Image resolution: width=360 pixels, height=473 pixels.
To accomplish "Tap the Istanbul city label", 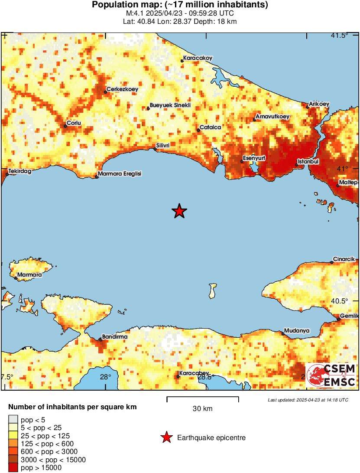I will click(308, 162).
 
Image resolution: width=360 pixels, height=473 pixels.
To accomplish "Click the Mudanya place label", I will click(297, 331).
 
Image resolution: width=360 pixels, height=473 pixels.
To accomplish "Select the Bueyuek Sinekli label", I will click(170, 105).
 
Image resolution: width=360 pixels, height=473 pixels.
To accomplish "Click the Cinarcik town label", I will click(344, 259).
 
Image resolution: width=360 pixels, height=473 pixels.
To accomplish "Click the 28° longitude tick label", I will click(106, 377).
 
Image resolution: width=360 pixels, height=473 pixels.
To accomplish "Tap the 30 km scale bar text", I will click(202, 408).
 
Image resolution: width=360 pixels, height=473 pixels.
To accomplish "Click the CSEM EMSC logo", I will click(331, 375).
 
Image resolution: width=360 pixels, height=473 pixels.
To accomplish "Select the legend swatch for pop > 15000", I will click(13, 468).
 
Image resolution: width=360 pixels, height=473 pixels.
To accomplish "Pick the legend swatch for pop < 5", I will click(13, 420).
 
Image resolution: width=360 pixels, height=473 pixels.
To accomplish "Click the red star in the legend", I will click(166, 438).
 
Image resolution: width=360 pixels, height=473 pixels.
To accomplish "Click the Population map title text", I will click(180, 5).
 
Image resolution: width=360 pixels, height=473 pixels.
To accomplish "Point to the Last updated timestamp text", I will click(308, 400).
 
